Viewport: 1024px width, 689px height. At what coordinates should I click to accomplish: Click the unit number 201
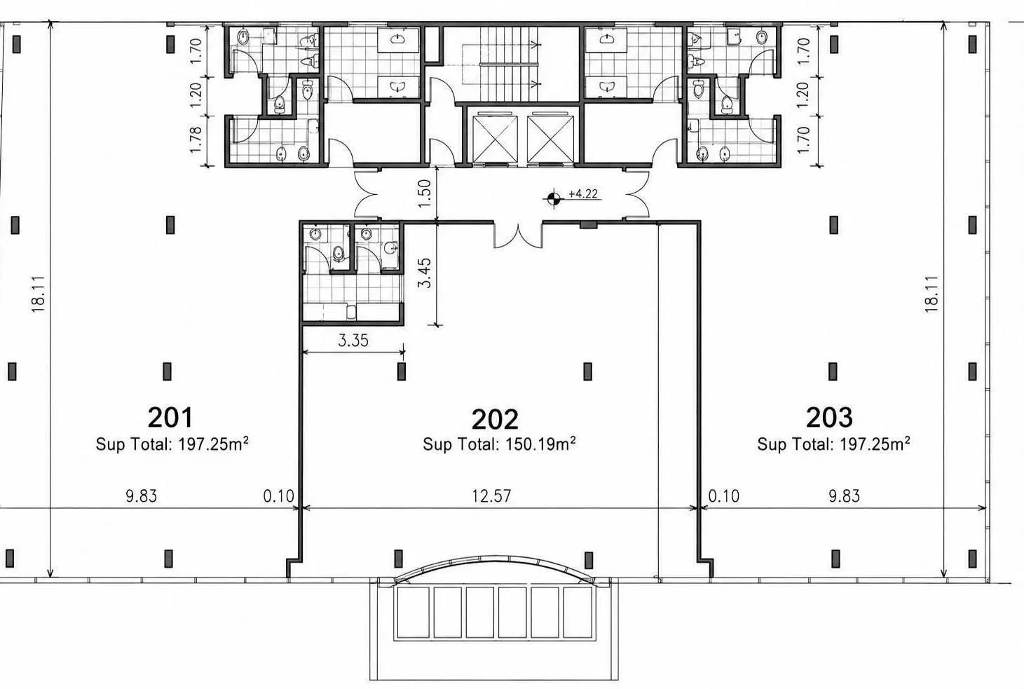(170, 417)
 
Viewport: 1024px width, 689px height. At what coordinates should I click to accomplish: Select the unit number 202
(495, 419)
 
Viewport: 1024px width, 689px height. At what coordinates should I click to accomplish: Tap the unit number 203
(829, 417)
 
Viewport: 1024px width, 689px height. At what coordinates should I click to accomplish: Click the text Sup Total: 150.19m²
(499, 444)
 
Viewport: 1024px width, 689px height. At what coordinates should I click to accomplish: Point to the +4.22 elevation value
(583, 194)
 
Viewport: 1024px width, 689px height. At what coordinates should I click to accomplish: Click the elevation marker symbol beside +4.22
(554, 198)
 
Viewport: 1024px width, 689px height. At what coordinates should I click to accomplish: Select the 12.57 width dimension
(491, 496)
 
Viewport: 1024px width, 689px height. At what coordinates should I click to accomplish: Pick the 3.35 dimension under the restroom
(353, 340)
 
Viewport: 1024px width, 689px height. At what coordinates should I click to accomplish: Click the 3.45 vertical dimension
(425, 273)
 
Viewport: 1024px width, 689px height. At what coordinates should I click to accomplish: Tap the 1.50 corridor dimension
(425, 193)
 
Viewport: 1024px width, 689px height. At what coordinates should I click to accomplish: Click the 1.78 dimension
(196, 139)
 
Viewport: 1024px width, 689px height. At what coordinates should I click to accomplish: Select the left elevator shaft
(496, 139)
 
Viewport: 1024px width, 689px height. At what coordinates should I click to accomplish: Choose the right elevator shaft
(550, 139)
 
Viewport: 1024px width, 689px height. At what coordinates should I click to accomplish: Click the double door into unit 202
(518, 235)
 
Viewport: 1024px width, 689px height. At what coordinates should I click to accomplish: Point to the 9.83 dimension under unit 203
(844, 496)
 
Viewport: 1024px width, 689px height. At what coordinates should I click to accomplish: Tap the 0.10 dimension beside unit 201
(278, 496)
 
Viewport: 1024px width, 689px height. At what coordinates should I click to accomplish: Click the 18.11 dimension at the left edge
(39, 294)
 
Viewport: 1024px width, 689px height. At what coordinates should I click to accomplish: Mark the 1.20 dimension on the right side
(803, 95)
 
